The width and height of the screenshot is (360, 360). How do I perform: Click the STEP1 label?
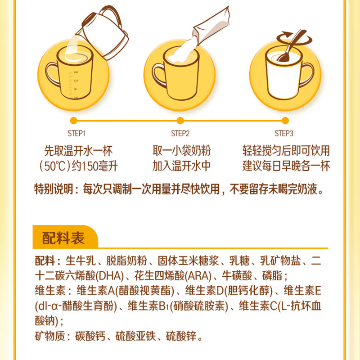click(x=76, y=133)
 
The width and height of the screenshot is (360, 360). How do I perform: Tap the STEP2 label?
click(x=180, y=133)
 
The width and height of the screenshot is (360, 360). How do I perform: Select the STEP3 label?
click(x=284, y=133)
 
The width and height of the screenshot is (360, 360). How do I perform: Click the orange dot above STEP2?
click(x=180, y=120)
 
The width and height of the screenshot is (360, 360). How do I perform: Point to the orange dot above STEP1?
click(x=75, y=120)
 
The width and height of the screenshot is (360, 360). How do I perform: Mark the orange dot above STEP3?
click(x=284, y=120)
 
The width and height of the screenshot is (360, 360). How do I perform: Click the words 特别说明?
click(x=53, y=189)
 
